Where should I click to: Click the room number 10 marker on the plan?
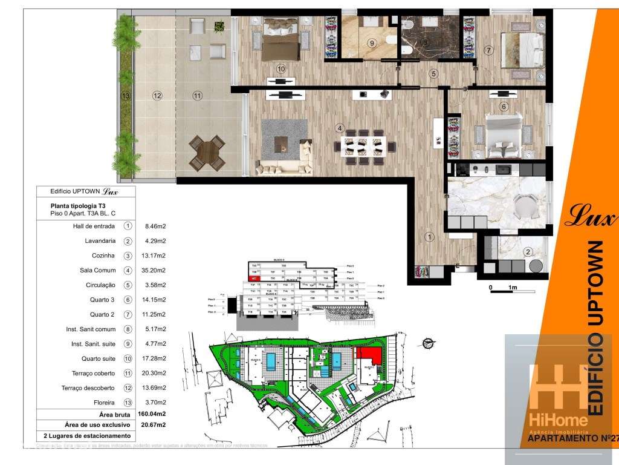point(280,69)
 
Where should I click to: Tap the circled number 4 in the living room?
point(340,128)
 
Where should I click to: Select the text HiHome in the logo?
point(558,420)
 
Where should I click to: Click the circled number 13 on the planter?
point(126,96)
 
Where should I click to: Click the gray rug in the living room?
point(284,140)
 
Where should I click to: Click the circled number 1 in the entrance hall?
point(429,237)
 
